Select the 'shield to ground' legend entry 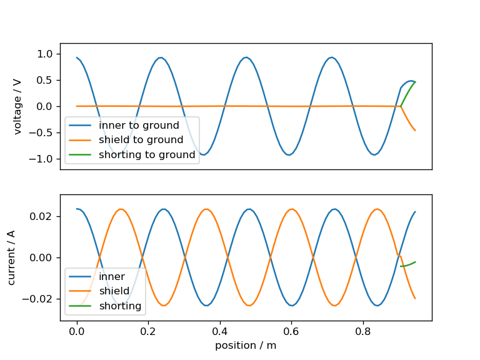[x=141, y=140]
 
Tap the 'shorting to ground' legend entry [x=147, y=154]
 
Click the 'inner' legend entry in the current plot [x=112, y=276]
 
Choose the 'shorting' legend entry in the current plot [x=120, y=306]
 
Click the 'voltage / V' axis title [x=17, y=106]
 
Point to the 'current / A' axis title [x=12, y=257]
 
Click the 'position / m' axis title [x=246, y=345]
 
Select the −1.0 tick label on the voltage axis [x=43, y=159]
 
